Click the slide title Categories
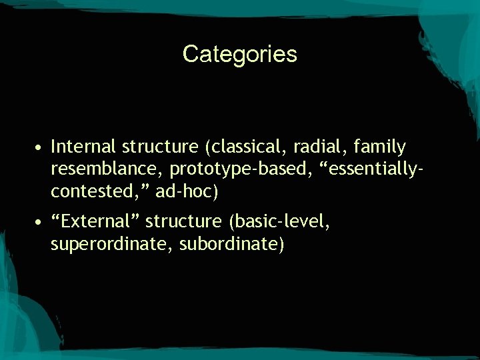[x=240, y=54]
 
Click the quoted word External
[x=95, y=221]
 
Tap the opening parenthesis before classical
[x=209, y=147]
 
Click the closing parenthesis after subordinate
[x=281, y=245]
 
